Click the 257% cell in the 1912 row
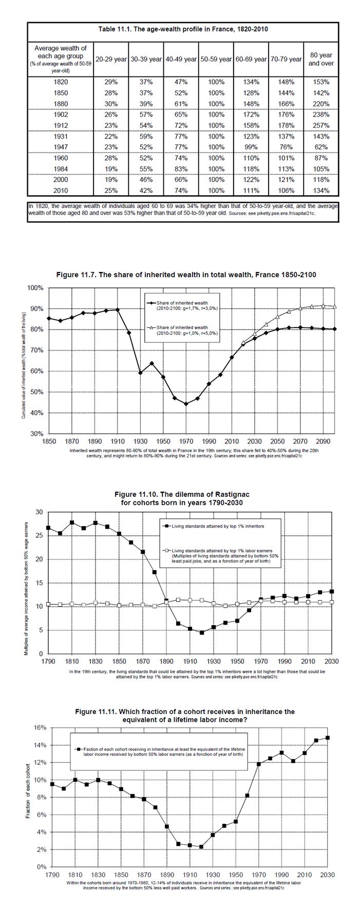pyautogui.click(x=321, y=125)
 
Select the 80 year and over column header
pyautogui.click(x=321, y=59)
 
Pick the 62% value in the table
pyautogui.click(x=321, y=147)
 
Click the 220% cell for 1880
pyautogui.click(x=321, y=104)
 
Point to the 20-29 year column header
pyautogui.click(x=111, y=60)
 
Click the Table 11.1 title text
pyautogui.click(x=183, y=29)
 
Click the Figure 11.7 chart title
pyautogui.click(x=186, y=275)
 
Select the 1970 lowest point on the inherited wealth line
pyautogui.click(x=186, y=403)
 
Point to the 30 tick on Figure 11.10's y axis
pyautogui.click(x=39, y=512)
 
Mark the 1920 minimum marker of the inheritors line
pyautogui.click(x=202, y=632)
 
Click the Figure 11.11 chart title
pyautogui.click(x=185, y=716)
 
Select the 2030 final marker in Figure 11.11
pyautogui.click(x=327, y=738)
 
